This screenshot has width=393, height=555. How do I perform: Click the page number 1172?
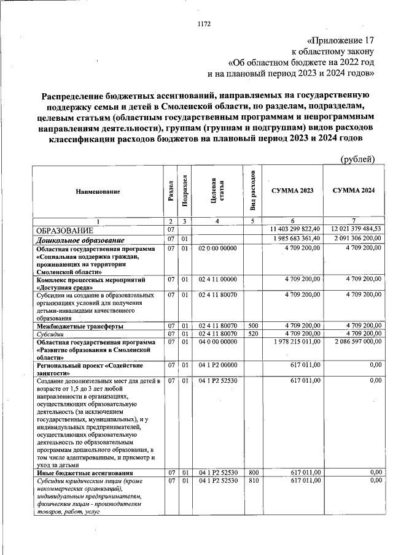pos(204,25)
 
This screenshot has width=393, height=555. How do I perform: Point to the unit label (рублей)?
pos(357,159)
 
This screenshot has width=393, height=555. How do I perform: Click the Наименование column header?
pos(98,192)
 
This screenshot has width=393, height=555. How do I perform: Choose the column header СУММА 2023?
pos(292,191)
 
